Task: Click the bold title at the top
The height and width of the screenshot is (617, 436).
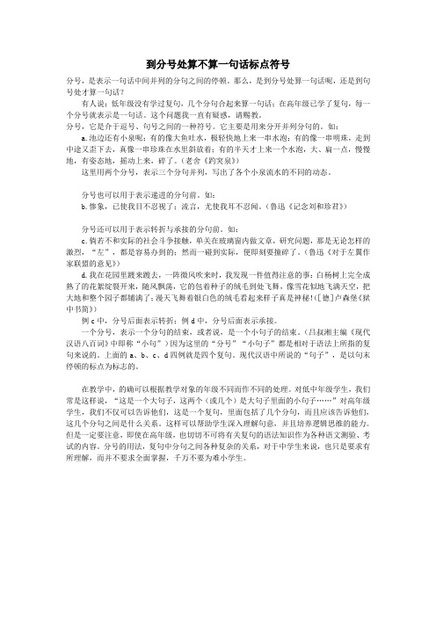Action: pos(218,63)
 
